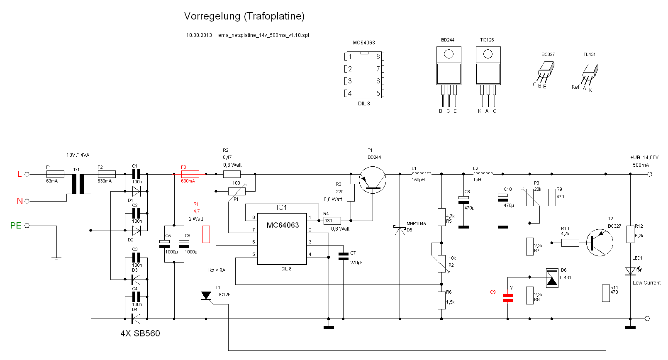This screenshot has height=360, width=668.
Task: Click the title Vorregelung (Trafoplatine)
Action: click(x=244, y=16)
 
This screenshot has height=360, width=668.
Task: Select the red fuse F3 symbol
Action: click(x=190, y=174)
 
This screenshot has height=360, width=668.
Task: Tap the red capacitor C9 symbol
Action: click(x=507, y=298)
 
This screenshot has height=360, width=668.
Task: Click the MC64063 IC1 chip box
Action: click(x=282, y=239)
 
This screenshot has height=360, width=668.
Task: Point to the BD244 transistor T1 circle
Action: click(x=373, y=180)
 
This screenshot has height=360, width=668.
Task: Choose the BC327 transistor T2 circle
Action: click(x=600, y=243)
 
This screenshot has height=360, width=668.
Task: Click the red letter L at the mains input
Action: click(x=20, y=174)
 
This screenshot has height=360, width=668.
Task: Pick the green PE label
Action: click(x=16, y=226)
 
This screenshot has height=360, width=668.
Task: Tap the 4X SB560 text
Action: click(x=140, y=333)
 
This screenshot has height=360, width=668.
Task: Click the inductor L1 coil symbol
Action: click(x=422, y=173)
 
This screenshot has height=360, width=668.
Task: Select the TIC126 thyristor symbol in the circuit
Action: click(x=206, y=296)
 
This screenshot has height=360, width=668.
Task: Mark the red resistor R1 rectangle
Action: click(x=206, y=234)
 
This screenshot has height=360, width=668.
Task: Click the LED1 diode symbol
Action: click(x=631, y=271)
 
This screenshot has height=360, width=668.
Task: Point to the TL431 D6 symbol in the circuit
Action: click(x=552, y=278)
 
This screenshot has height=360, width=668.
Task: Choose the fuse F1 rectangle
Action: click(x=56, y=174)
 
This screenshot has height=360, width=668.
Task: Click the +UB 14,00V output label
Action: click(x=644, y=158)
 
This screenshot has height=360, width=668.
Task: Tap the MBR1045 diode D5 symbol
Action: click(x=400, y=231)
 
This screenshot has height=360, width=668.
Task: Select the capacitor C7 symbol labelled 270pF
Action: click(x=343, y=256)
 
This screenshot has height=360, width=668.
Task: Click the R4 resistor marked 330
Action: click(x=332, y=221)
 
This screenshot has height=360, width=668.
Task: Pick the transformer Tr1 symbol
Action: click(x=78, y=184)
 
